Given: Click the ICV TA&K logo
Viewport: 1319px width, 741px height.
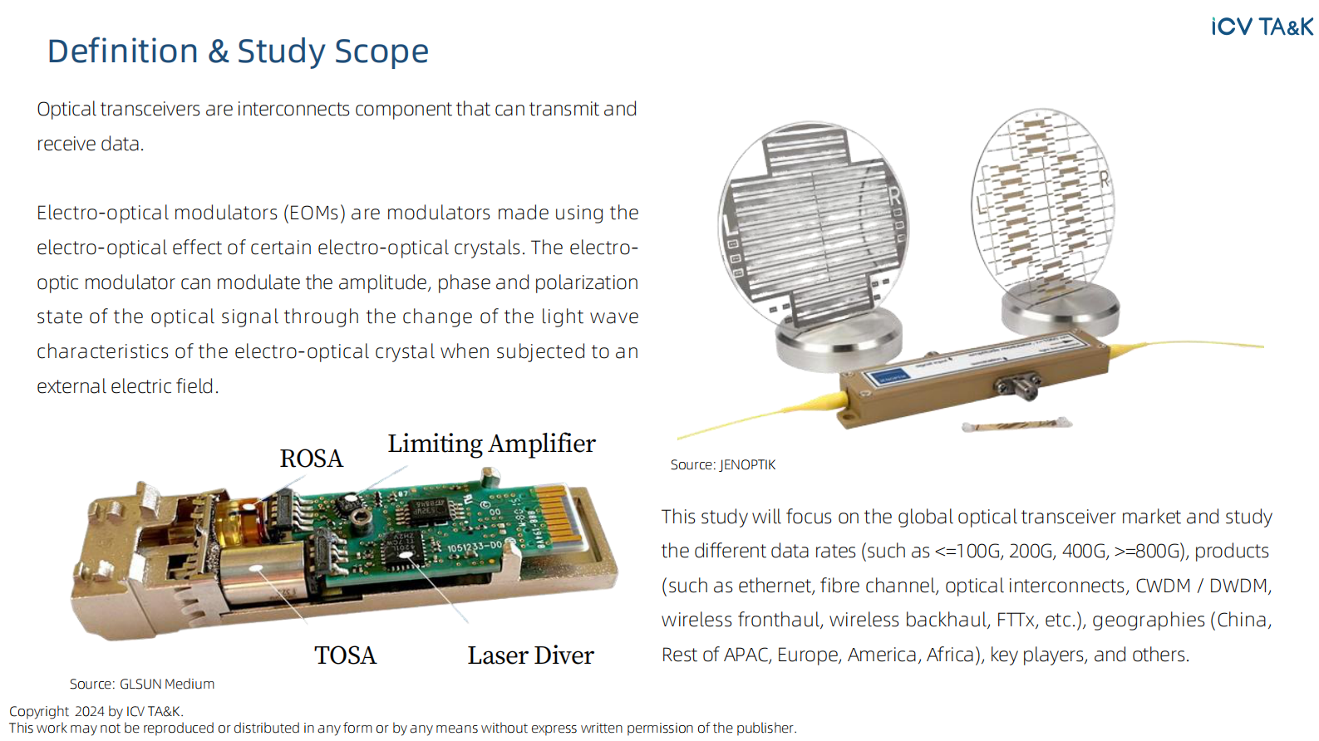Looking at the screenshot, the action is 1262,27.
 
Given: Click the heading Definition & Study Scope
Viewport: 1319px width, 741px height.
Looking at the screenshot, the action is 238,52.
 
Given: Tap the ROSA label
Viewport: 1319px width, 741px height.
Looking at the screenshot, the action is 311,459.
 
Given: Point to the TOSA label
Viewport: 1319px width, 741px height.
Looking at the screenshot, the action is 345,655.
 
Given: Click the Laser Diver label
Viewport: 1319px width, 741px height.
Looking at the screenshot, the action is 530,655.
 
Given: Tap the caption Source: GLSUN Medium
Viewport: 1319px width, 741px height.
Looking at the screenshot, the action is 142,684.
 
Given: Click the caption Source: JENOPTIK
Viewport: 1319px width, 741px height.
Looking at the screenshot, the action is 722,465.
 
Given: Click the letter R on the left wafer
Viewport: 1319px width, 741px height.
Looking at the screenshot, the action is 894,196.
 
